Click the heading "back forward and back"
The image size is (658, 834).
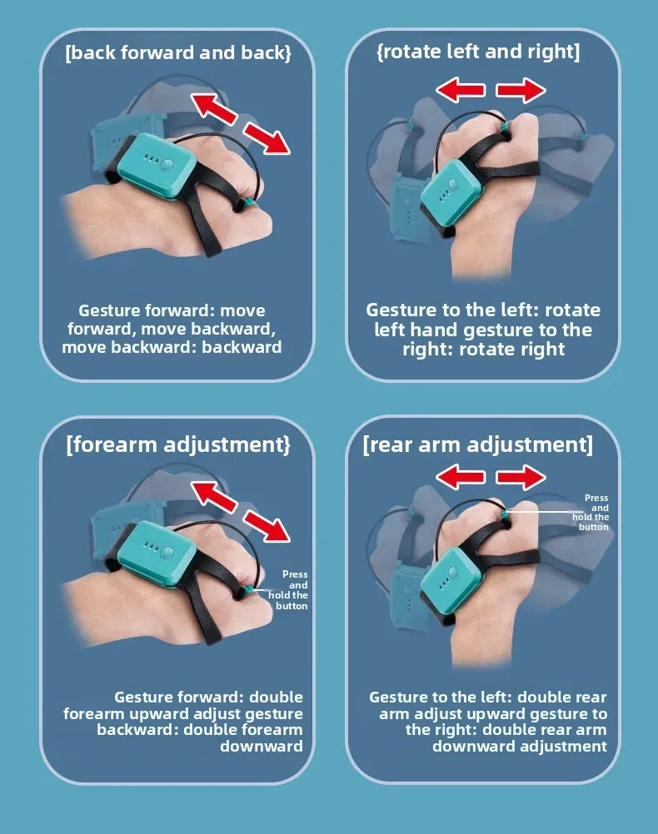click(178, 53)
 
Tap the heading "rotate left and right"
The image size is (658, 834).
click(478, 52)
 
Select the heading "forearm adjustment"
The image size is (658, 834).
click(178, 444)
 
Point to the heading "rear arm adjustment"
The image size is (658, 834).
click(477, 444)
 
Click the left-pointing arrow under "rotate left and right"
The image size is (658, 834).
click(461, 90)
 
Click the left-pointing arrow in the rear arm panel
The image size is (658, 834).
click(461, 477)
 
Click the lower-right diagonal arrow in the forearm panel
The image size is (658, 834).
click(267, 526)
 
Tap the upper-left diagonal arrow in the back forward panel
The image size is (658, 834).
click(213, 109)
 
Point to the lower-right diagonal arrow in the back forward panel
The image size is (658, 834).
click(267, 138)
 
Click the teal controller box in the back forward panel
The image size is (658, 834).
click(157, 166)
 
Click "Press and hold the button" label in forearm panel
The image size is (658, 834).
click(288, 590)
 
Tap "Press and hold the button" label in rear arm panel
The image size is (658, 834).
click(591, 512)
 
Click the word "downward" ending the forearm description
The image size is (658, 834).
click(262, 747)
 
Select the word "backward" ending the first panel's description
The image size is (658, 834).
click(242, 347)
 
